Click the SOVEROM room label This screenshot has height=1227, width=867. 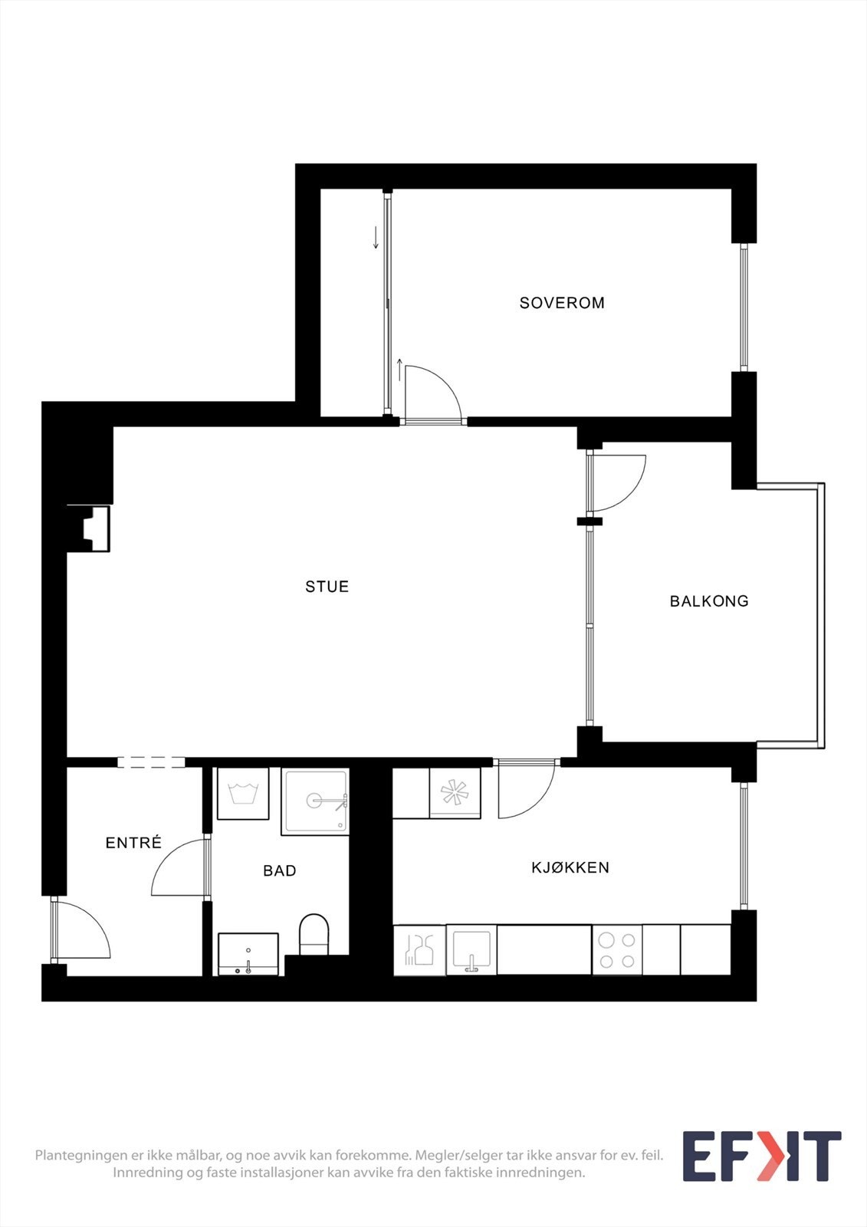pyautogui.click(x=562, y=303)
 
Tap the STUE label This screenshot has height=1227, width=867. pyautogui.click(x=327, y=587)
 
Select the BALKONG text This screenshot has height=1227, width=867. pyautogui.click(x=709, y=601)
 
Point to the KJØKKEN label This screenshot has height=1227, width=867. pyautogui.click(x=570, y=867)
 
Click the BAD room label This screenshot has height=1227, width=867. pyautogui.click(x=279, y=870)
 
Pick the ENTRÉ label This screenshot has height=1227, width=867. pyautogui.click(x=133, y=843)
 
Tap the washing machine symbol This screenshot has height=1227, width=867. pyautogui.click(x=243, y=794)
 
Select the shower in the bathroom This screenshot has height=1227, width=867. pyautogui.click(x=316, y=801)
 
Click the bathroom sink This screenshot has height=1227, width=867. pyautogui.click(x=248, y=954)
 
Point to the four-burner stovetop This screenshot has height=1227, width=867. pyautogui.click(x=617, y=950)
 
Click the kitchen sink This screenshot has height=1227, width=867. pyautogui.click(x=471, y=950)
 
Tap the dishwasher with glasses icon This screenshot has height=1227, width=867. pyautogui.click(x=419, y=950)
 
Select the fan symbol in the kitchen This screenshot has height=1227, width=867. pyautogui.click(x=455, y=793)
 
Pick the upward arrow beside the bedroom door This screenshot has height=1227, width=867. pyautogui.click(x=399, y=370)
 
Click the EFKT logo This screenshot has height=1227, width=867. pyautogui.click(x=761, y=1156)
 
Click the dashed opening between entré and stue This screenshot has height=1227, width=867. pyautogui.click(x=151, y=762)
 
